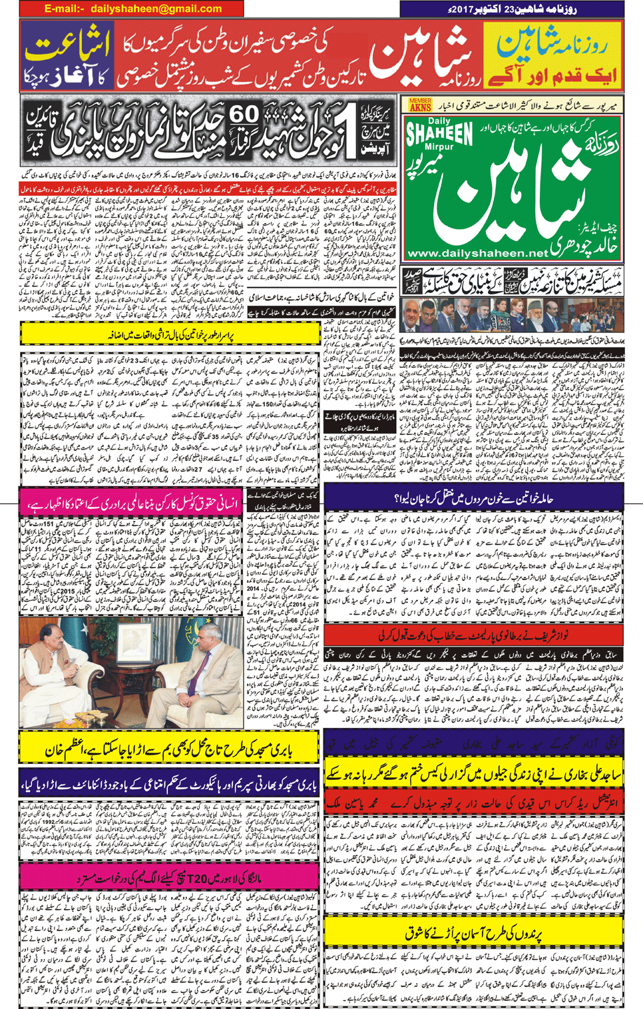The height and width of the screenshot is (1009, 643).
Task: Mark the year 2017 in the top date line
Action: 456,9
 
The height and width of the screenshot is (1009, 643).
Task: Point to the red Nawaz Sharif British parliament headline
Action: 473,635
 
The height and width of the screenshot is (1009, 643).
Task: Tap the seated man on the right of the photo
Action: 200,673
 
